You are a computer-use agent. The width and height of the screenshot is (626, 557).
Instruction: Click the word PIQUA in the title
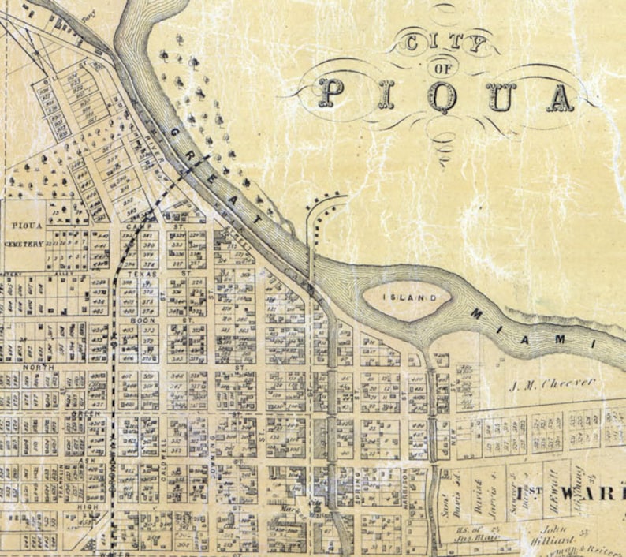pyautogui.click(x=447, y=96)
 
